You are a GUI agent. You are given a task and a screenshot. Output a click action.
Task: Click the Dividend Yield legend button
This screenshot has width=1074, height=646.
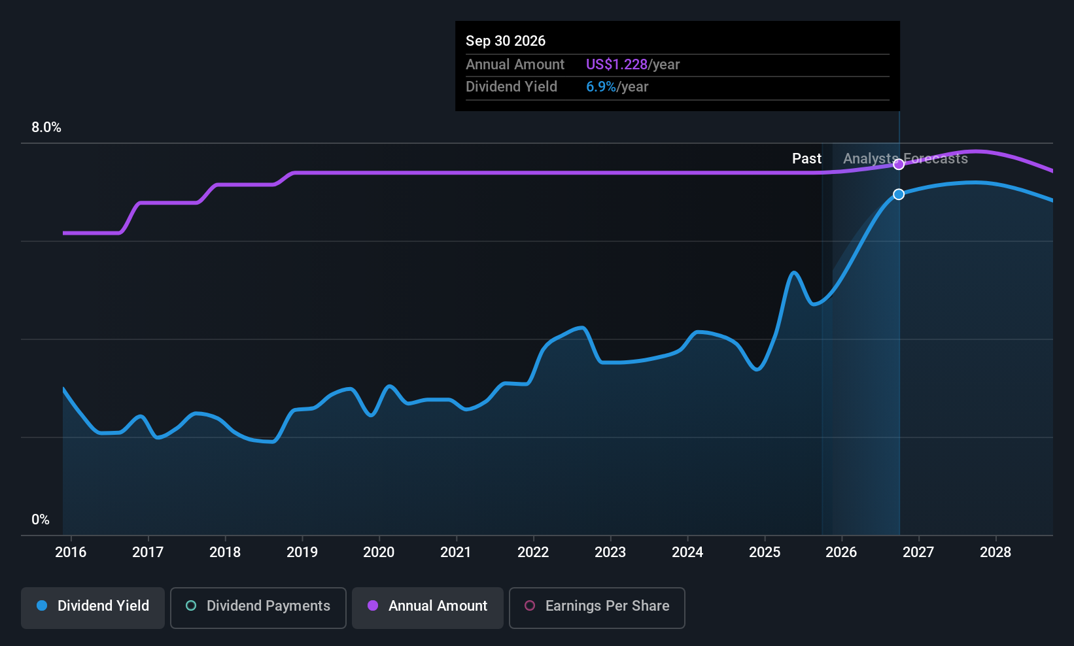pos(93,607)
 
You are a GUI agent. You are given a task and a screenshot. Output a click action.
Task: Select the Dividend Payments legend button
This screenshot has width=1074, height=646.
pos(258,607)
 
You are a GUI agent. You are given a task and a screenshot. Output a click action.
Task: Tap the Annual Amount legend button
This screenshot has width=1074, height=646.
pos(428,607)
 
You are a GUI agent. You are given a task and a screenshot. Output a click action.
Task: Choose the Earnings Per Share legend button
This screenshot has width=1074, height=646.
pos(597,607)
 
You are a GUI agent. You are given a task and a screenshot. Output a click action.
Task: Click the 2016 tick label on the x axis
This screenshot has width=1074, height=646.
pos(71,552)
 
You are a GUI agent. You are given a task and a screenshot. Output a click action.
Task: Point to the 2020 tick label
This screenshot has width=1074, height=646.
pos(379,552)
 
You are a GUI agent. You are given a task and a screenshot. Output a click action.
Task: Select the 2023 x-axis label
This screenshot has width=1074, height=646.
pos(610,552)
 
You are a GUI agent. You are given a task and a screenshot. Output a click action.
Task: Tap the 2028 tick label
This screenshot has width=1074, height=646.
pos(995,552)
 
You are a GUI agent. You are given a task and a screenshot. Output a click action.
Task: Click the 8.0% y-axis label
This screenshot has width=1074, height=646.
pos(46,127)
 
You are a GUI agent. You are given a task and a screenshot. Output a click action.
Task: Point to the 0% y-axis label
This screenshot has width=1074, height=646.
pos(41,520)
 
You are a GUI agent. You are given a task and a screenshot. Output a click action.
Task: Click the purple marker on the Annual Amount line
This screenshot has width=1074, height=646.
pos(899,164)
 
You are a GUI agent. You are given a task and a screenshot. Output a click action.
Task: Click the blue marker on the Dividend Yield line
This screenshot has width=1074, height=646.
pos(899,194)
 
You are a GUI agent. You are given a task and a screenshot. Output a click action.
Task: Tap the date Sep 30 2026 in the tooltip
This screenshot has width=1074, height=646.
pos(506,41)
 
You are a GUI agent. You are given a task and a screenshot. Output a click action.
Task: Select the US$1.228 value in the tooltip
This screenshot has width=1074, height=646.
pos(616,65)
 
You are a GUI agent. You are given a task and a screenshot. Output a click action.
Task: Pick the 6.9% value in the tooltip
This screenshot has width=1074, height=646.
pos(600,87)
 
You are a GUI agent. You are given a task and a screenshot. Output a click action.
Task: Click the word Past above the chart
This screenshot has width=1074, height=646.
pos(806,159)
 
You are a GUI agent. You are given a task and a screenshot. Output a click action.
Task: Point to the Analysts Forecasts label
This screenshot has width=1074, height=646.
pos(905,159)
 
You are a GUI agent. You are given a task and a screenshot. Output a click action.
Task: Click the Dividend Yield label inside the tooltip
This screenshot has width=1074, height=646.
pos(511,87)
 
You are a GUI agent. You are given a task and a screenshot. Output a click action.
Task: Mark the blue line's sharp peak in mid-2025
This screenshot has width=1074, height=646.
pos(793,272)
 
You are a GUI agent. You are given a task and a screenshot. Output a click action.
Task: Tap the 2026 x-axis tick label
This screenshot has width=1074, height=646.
pos(841,552)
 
